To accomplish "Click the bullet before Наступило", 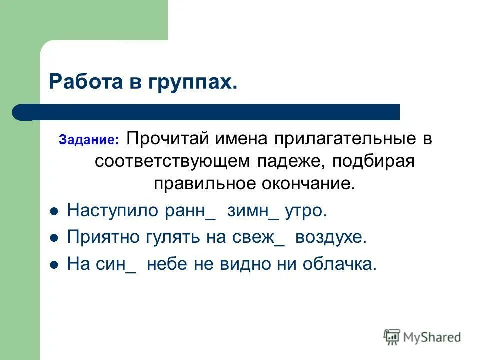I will (x=55, y=211).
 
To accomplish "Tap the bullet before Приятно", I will (x=55, y=238).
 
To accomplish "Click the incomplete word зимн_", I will (x=253, y=211).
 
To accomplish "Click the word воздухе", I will (x=331, y=238).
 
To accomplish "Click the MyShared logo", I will (x=422, y=337).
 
